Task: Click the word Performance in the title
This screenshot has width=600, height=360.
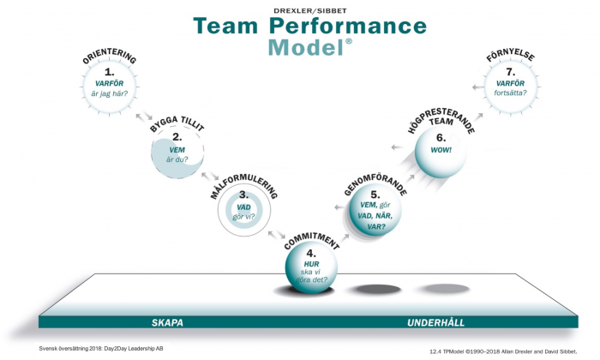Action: pos(347,26)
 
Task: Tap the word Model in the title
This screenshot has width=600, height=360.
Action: pos(306,47)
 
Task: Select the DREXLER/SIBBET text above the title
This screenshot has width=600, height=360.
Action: pos(310,10)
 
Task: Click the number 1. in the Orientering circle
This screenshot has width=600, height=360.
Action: pos(110,71)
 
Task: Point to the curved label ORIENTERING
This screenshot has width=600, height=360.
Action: pos(110,57)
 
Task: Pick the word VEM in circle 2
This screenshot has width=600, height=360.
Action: pos(177,150)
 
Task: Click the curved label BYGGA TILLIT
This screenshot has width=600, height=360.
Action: pos(177,124)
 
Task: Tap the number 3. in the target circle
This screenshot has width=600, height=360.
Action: pos(243,195)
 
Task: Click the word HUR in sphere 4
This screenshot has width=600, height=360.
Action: pos(311,264)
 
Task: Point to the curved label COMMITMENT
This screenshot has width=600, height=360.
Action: pos(311,241)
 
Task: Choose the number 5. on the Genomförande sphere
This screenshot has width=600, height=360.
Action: pos(375,195)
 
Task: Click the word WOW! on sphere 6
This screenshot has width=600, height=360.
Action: pos(441,150)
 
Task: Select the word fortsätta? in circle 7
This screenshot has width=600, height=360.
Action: pos(511,93)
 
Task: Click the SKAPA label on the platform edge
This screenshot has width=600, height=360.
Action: pos(167,322)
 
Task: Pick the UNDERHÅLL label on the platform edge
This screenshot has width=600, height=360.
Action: pos(435,322)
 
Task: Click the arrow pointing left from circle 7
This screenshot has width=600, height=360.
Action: pos(478,87)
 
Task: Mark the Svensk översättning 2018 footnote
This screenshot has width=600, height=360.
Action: pos(101,349)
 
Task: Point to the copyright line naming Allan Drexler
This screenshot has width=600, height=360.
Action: pos(503,351)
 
